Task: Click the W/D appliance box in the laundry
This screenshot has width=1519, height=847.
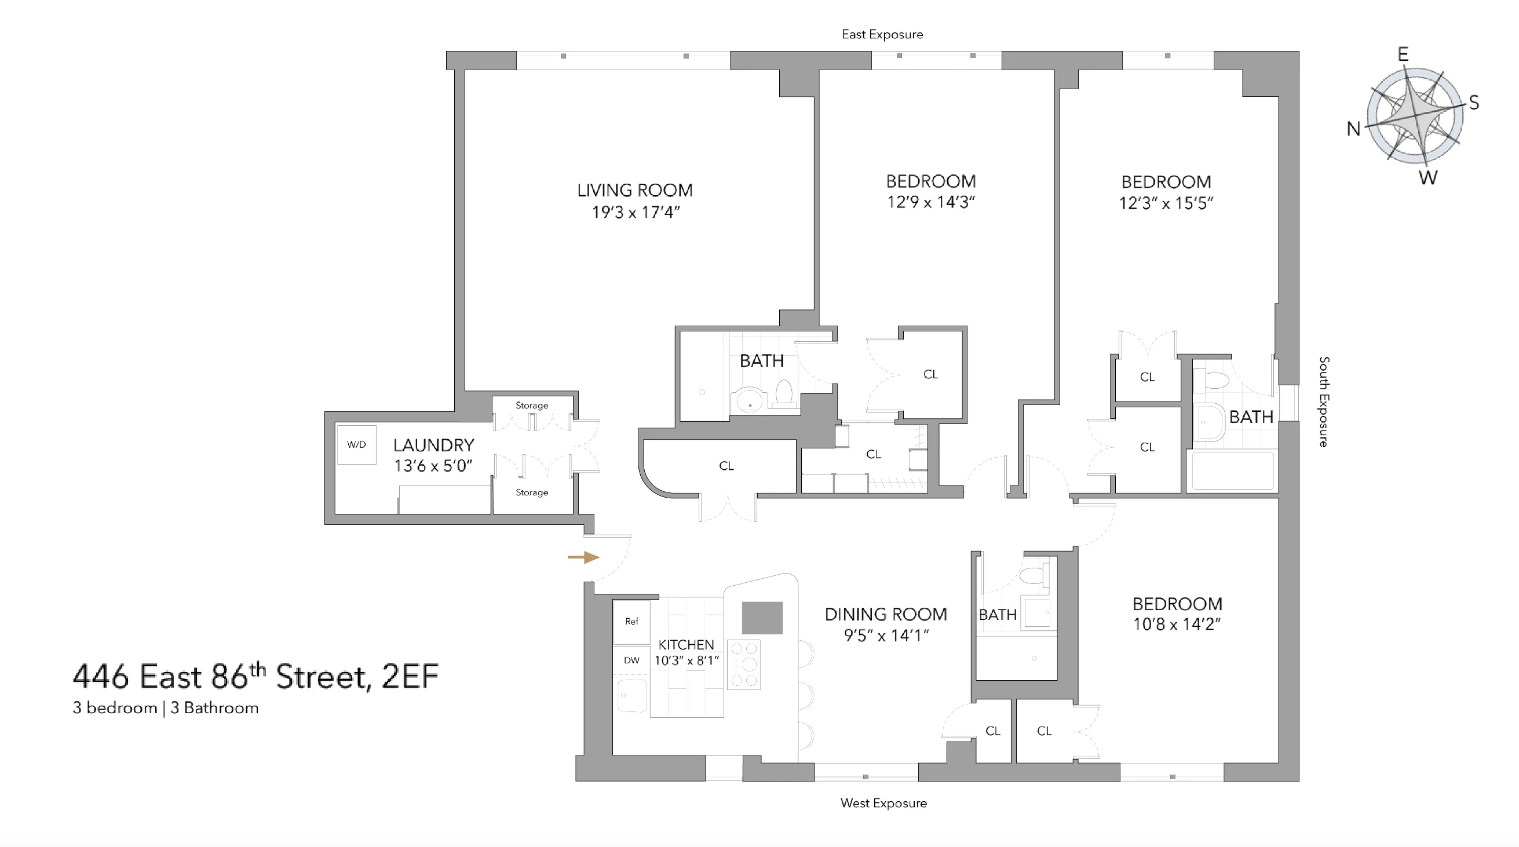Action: (356, 445)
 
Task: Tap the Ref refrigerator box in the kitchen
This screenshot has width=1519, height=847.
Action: (631, 621)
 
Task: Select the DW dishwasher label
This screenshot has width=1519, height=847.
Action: (631, 660)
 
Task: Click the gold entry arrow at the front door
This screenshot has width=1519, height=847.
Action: (583, 557)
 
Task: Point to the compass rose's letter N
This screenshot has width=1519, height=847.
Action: (1353, 129)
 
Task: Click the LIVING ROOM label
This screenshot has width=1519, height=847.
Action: (634, 190)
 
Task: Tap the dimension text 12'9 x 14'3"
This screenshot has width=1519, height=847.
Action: (930, 202)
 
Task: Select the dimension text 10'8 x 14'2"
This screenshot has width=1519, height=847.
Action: (1177, 624)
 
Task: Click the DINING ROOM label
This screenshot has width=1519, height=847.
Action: (885, 614)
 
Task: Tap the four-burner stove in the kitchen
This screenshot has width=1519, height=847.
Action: (744, 664)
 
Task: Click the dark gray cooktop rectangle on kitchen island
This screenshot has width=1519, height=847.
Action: (762, 618)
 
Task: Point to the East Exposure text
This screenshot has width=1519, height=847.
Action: (882, 34)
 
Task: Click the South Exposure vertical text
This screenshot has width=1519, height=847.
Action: (1324, 401)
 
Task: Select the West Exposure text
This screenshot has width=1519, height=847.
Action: (883, 803)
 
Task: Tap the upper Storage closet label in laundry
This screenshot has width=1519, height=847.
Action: (531, 405)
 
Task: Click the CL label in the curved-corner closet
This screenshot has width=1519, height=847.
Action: (726, 466)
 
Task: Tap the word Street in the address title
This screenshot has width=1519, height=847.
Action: (323, 677)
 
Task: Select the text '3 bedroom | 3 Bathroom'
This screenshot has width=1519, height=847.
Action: (166, 708)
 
